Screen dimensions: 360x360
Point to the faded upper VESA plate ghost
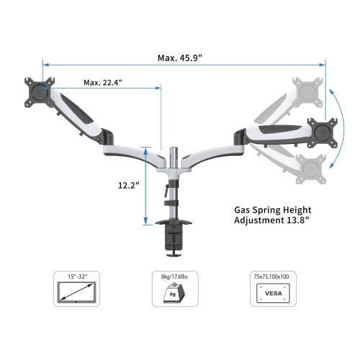[x=306, y=92]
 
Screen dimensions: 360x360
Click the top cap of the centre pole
[x=174, y=149]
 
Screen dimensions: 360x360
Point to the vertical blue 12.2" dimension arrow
[x=146, y=185]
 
